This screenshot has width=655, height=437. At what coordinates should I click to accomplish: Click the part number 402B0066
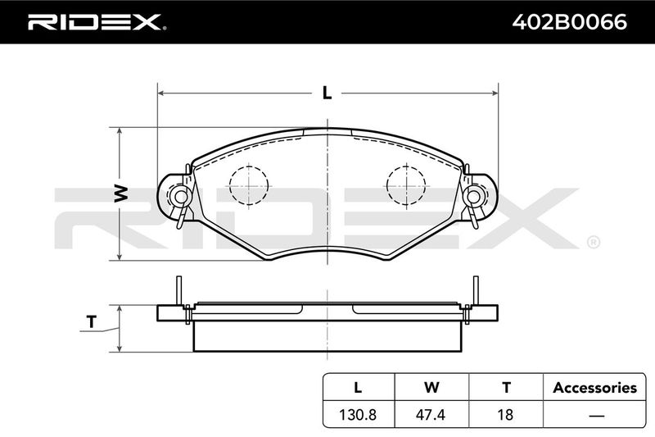pyautogui.click(x=569, y=22)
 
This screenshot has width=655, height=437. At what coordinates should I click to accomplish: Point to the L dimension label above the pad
pyautogui.click(x=327, y=93)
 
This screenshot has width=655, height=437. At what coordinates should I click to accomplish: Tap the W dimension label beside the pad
pyautogui.click(x=121, y=193)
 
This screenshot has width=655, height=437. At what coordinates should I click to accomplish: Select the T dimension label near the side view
pyautogui.click(x=91, y=321)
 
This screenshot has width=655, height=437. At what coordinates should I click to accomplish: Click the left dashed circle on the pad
pyautogui.click(x=249, y=185)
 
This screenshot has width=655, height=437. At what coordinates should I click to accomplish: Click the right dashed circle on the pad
pyautogui.click(x=406, y=185)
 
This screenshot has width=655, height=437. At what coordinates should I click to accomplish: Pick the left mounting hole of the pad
pyautogui.click(x=181, y=196)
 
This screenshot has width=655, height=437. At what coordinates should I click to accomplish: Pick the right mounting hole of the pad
pyautogui.click(x=473, y=196)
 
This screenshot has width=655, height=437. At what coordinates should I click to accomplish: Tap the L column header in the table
pyautogui.click(x=358, y=388)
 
